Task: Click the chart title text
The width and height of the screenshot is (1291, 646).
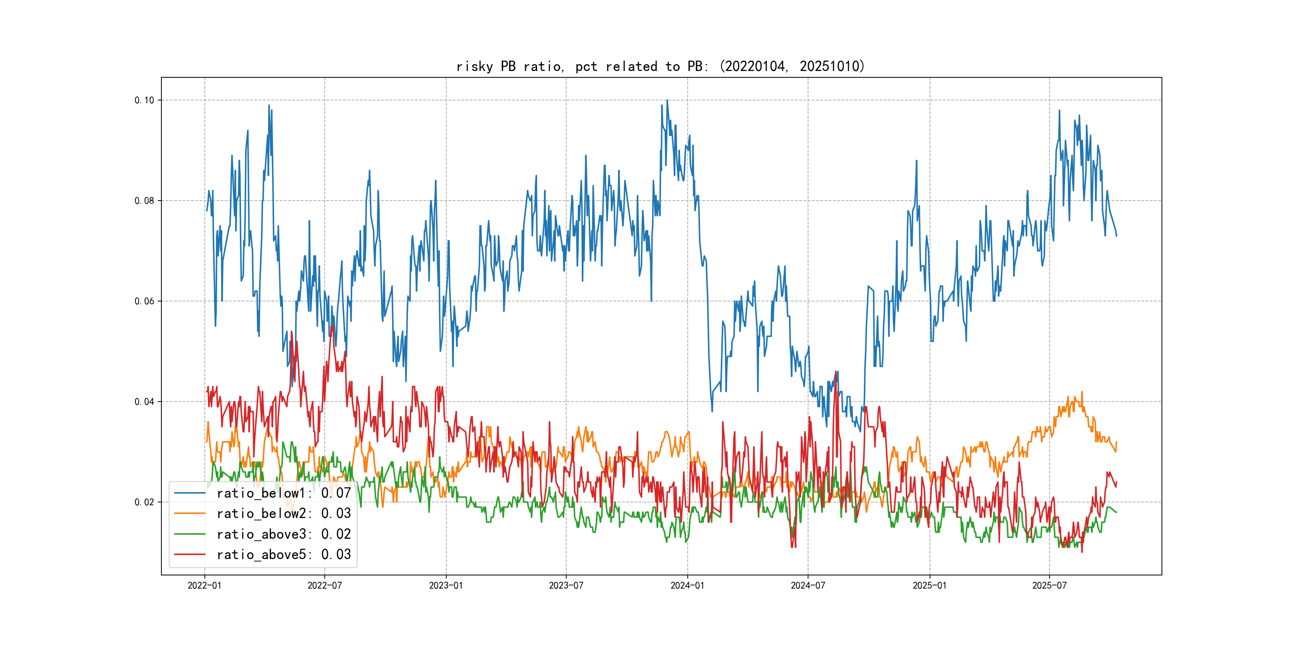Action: tap(661, 66)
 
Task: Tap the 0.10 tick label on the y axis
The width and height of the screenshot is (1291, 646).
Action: tap(144, 100)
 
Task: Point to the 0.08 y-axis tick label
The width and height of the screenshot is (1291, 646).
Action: tap(144, 201)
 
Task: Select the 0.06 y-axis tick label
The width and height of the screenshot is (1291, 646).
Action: tap(144, 301)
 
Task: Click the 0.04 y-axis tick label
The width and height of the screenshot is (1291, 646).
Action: tap(144, 402)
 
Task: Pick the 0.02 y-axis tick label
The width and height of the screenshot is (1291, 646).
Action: tap(144, 502)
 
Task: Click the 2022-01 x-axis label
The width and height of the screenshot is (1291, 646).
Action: tap(204, 585)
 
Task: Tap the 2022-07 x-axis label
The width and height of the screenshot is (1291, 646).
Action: tap(324, 585)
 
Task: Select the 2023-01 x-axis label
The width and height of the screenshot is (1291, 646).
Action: tap(446, 585)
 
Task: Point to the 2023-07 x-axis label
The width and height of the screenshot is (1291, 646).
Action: tap(566, 585)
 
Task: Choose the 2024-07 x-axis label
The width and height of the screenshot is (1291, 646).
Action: tap(808, 585)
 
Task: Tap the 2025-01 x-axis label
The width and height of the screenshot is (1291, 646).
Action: tap(930, 585)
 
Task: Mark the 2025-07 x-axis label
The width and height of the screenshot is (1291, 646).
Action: tap(1050, 585)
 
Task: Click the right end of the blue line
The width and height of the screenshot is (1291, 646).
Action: tap(1116, 235)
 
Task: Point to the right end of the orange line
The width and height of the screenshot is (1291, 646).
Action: tap(1116, 442)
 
